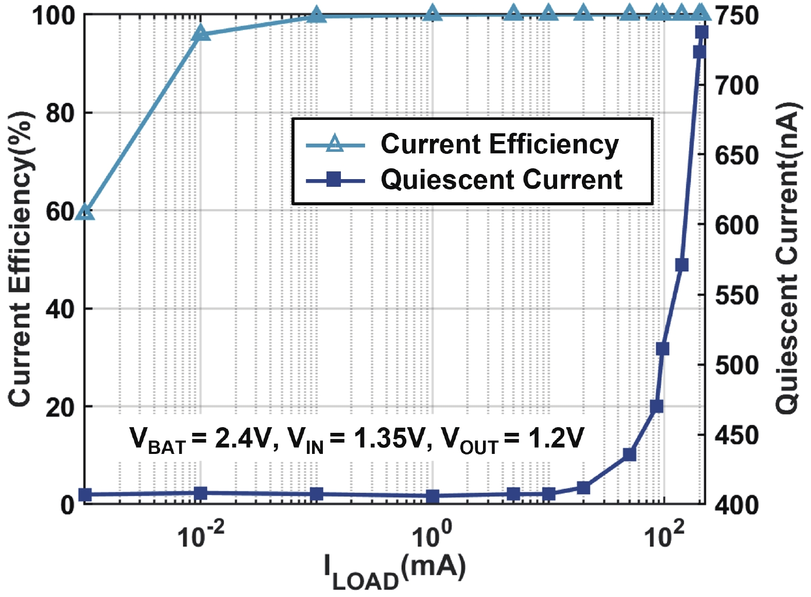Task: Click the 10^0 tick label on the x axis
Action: pos(432,535)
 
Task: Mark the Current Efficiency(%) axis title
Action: pos(21,257)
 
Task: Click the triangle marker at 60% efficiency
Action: pos(85,212)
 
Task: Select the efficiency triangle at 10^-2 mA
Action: pos(201,33)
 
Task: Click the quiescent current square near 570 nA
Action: pos(682,265)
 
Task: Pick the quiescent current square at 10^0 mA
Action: pos(433,497)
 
